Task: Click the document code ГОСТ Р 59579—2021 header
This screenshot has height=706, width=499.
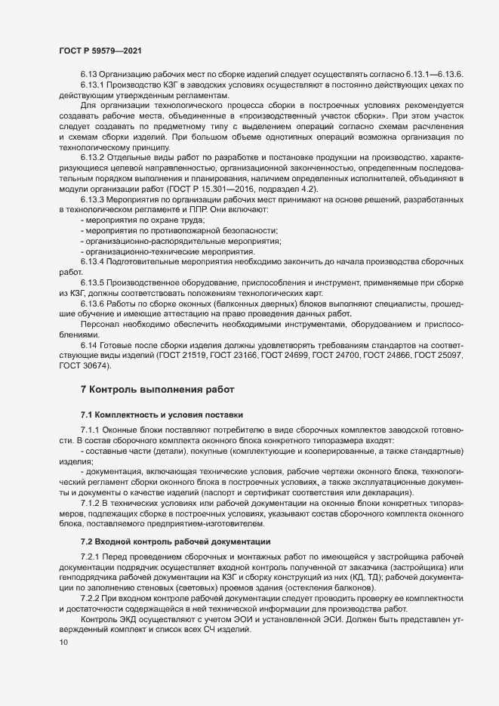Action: point(99,50)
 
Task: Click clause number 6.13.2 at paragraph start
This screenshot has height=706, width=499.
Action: point(93,156)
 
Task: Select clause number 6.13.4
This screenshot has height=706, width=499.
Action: point(93,261)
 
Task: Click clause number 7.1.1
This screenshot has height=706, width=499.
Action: point(91,429)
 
